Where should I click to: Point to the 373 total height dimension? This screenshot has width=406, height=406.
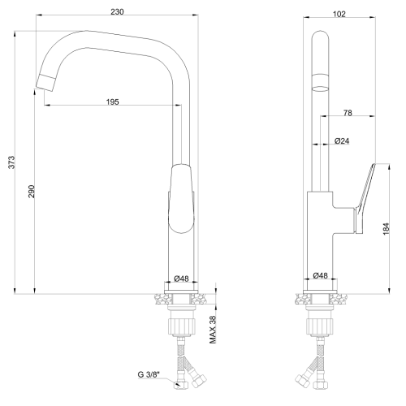[x=10, y=162]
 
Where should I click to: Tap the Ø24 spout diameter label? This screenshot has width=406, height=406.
[x=343, y=140]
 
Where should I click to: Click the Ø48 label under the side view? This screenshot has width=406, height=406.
[x=322, y=276]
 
